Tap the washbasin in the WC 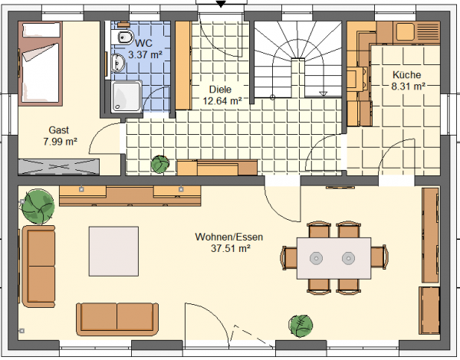pos(118,63)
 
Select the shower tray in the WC pos(127,97)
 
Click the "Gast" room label pos(59,130)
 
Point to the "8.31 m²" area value pos(408,87)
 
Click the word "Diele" pos(220,89)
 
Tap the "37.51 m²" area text pos(231,248)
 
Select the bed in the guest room pos(40,64)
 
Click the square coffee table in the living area pos(113,251)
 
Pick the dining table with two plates pos(333,258)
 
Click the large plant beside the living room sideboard pos(38,206)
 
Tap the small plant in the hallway pos(160,164)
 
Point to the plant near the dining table pos(301,326)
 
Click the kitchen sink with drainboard pos(418,31)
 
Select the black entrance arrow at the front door pos(220,4)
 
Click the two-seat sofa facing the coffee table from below pos(117,319)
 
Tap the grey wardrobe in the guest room pos(59,167)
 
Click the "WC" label pos(144,44)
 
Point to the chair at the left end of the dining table pos(289,258)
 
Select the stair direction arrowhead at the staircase pos(324,93)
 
